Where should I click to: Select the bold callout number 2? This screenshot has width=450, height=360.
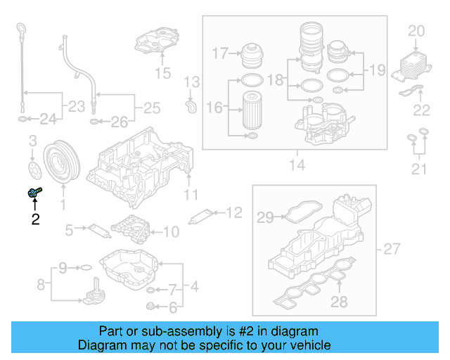tap(34, 219)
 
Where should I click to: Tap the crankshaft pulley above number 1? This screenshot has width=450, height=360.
tap(63, 166)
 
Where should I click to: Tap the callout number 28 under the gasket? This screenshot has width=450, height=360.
tap(340, 302)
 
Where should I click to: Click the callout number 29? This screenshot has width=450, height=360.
tap(264, 218)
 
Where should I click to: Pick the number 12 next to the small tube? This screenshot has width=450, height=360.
tap(233, 211)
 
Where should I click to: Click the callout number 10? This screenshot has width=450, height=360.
tap(171, 231)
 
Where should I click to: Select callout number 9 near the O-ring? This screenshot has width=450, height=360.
tap(62, 267)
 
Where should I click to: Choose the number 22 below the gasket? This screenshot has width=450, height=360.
tap(421, 109)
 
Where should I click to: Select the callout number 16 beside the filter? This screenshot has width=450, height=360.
tap(214, 107)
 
